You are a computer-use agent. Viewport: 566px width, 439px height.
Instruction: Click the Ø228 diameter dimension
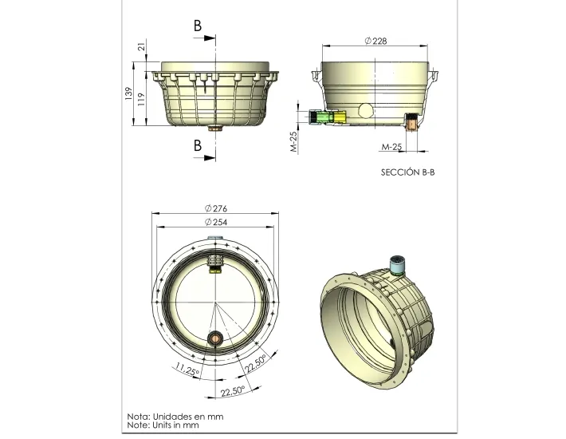(375, 41)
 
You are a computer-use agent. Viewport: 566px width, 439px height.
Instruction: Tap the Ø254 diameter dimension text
(216, 222)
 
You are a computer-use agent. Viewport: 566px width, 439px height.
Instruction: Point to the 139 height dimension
(128, 94)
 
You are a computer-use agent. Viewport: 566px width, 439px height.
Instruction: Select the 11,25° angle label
(187, 372)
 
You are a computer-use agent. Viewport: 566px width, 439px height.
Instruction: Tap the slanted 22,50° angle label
(255, 363)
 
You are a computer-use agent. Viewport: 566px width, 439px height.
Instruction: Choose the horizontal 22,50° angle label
(233, 392)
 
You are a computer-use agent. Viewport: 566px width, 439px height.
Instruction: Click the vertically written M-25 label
(293, 141)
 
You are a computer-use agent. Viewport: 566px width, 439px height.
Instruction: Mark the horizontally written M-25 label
(391, 147)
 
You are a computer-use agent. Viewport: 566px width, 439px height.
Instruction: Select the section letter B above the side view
(198, 26)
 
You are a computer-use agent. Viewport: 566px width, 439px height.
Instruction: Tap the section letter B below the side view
(198, 145)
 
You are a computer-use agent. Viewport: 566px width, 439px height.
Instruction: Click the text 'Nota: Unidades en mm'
(175, 416)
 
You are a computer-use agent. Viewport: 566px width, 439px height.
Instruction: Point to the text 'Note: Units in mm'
(165, 425)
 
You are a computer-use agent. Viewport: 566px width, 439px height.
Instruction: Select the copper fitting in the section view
(411, 122)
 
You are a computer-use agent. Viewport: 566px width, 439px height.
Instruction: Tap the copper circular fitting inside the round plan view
(215, 339)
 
